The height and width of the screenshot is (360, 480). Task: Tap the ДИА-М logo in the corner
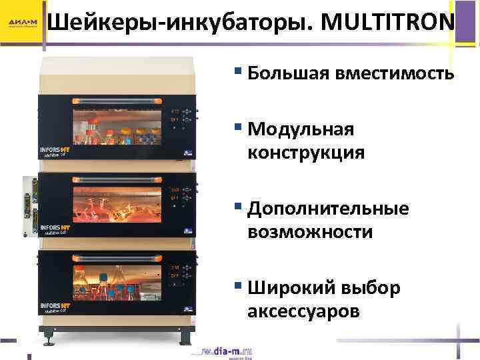[23, 24]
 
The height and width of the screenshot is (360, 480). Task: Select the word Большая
[284, 73]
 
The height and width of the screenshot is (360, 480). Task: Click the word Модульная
[300, 129]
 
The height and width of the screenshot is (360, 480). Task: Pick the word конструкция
[306, 153]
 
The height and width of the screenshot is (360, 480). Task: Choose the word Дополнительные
[328, 209]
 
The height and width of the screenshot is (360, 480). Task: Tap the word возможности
[310, 232]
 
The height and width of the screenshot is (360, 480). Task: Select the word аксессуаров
[303, 311]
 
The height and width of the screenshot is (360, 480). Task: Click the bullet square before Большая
[239, 72]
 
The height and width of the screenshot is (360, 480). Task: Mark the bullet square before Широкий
[239, 287]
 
